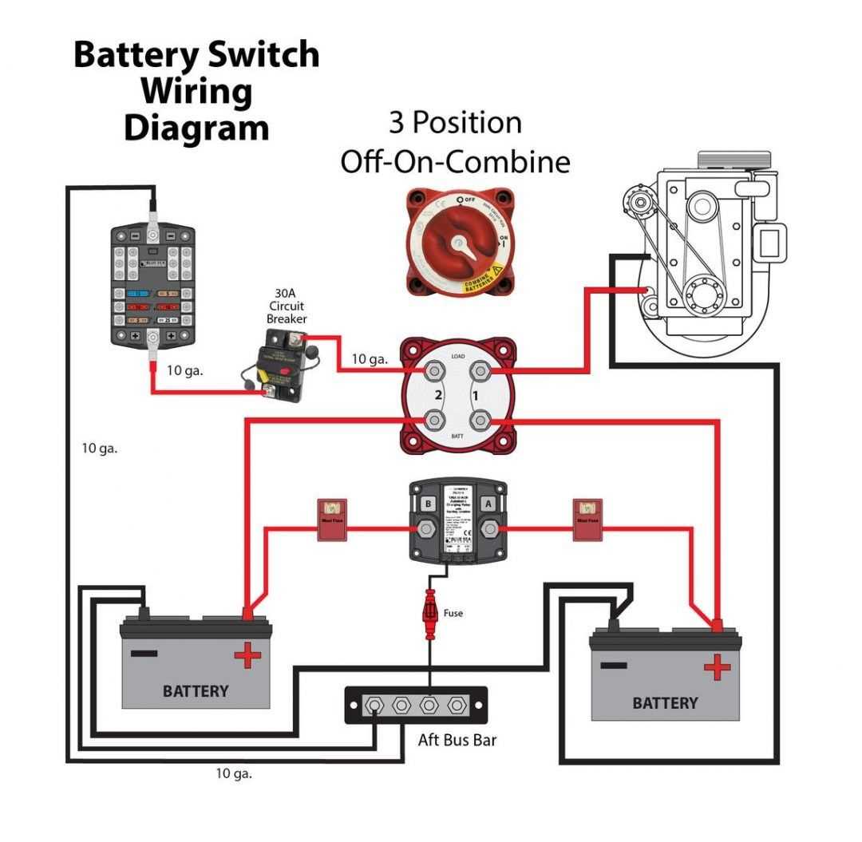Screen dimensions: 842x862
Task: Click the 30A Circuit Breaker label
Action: [287, 306]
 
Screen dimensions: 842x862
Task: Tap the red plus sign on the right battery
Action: [717, 666]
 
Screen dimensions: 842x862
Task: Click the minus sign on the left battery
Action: [144, 653]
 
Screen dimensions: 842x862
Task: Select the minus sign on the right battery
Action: [614, 665]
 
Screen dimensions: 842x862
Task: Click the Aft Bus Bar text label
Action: [457, 740]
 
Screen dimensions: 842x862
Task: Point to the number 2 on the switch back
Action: [437, 395]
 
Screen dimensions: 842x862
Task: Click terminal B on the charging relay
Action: [427, 504]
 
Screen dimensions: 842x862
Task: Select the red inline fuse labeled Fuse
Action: [430, 613]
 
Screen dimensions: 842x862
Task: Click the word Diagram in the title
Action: [196, 128]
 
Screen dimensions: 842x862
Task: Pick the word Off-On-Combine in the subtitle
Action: [455, 161]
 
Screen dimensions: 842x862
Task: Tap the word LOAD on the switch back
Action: [458, 356]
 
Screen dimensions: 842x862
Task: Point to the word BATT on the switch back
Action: [458, 435]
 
